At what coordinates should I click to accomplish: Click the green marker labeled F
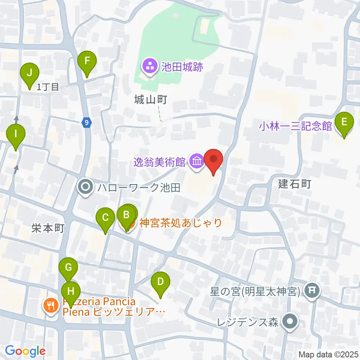(87, 61)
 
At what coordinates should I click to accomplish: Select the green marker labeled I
(15, 134)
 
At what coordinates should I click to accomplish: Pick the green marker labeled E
(344, 122)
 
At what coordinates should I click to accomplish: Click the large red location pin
(213, 159)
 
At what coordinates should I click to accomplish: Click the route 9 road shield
(87, 122)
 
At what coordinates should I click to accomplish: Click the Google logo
(25, 351)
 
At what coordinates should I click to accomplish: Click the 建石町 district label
(295, 184)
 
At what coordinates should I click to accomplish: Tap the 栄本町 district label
(48, 228)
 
